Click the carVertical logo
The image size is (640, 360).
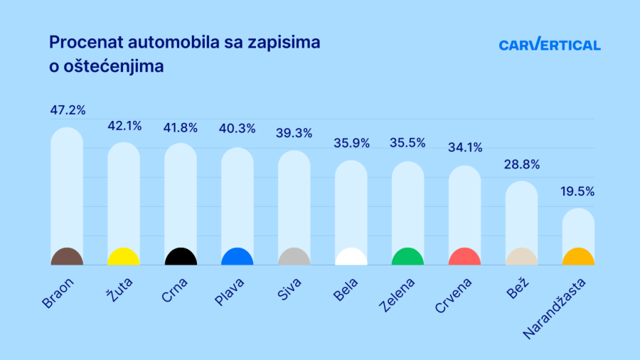coord(549,45)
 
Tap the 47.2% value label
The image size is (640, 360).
coord(68,110)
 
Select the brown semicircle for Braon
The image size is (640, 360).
coord(67,258)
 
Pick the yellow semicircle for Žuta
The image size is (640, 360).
coord(124,258)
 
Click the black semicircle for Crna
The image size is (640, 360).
coord(181,258)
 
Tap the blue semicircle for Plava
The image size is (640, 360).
coord(238,258)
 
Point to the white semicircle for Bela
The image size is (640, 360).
coord(351,258)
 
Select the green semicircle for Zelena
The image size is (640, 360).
coord(407,258)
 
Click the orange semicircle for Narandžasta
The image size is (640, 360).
coord(578,258)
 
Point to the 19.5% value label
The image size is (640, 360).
coord(577,191)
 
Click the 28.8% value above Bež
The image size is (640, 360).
coord(522,164)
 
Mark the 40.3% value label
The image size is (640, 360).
coord(238,130)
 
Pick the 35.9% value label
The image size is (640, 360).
coord(352,143)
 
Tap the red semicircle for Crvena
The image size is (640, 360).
coord(464,258)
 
